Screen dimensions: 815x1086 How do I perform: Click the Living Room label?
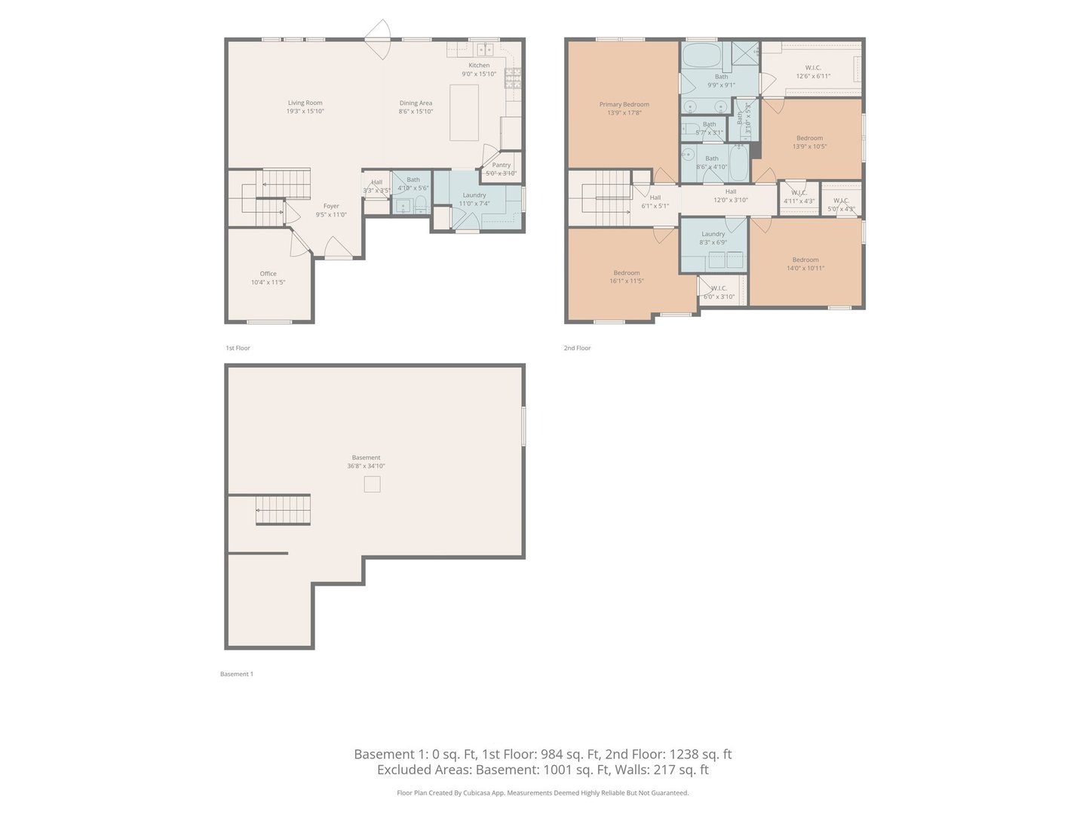tap(305, 103)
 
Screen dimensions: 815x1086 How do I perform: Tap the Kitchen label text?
tap(479, 66)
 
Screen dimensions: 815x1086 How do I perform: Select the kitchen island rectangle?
tap(465, 112)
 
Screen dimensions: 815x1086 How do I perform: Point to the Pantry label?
tap(501, 165)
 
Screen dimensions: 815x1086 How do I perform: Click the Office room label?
tap(268, 274)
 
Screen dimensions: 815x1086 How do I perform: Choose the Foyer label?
tap(331, 206)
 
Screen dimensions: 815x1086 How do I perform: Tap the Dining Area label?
tap(416, 103)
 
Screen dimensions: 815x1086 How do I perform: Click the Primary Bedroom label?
tap(624, 105)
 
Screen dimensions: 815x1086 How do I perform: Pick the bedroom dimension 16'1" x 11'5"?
tap(627, 281)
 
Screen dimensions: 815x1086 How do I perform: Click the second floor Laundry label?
tap(713, 234)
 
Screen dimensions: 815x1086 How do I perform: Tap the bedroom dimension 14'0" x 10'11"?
tap(805, 268)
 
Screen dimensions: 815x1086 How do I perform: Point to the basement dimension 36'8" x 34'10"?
tap(366, 466)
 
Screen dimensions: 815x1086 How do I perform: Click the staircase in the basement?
tap(283, 510)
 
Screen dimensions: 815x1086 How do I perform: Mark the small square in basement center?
tap(372, 484)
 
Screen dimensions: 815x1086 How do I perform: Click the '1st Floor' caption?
tap(238, 348)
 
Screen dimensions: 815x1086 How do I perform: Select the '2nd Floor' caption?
tap(577, 348)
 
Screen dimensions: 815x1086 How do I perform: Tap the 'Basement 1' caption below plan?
tap(236, 674)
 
